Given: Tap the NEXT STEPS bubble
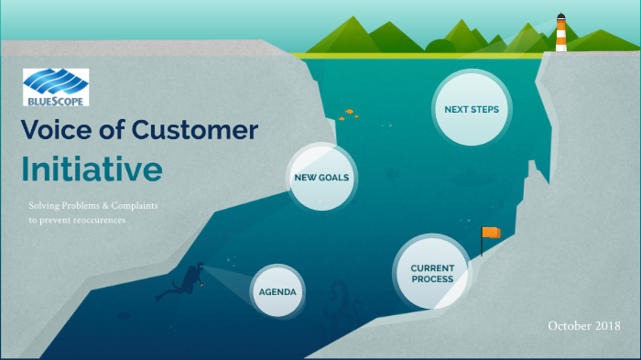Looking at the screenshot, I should pyautogui.click(x=471, y=110).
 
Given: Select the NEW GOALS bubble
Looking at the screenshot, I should pyautogui.click(x=320, y=178).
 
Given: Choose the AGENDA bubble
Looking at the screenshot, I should pyautogui.click(x=277, y=291).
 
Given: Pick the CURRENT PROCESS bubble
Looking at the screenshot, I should pyautogui.click(x=431, y=273).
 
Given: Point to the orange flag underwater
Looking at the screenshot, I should pyautogui.click(x=492, y=233).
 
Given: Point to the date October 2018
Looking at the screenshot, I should pyautogui.click(x=584, y=326).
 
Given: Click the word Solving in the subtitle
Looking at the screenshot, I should pyautogui.click(x=46, y=206).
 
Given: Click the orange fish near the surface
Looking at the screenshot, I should pyautogui.click(x=349, y=112).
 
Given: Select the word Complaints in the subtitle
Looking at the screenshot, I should pyautogui.click(x=132, y=206).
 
